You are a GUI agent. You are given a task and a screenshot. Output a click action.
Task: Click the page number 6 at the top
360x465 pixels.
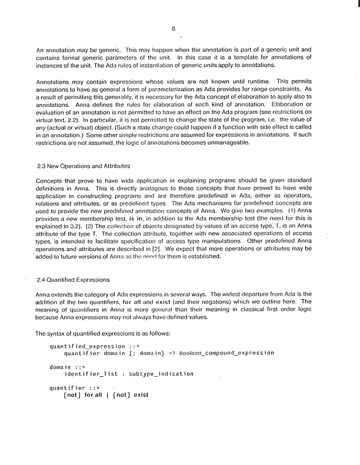point(174,28)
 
